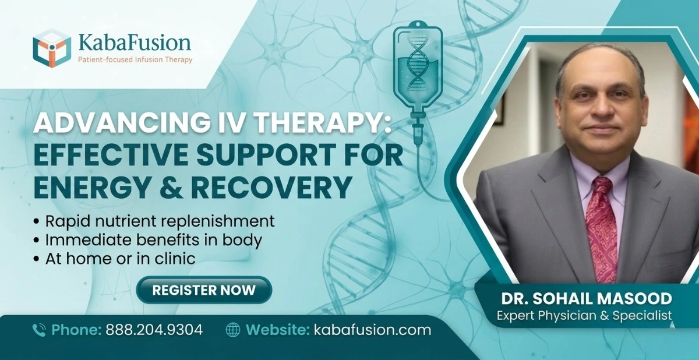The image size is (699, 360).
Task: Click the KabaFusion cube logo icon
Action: tap(52, 48)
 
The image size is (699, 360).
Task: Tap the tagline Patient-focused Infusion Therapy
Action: tap(135, 59)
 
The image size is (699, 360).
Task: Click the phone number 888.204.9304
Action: tap(154, 330)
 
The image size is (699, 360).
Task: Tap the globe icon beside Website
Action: tap(233, 330)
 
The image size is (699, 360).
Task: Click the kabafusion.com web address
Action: tap(372, 330)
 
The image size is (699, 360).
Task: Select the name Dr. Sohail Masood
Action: tap(587, 299)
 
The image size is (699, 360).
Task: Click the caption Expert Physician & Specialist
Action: tap(584, 315)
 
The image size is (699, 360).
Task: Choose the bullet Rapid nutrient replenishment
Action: tap(158, 222)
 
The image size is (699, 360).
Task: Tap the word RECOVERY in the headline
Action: tap(274, 188)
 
